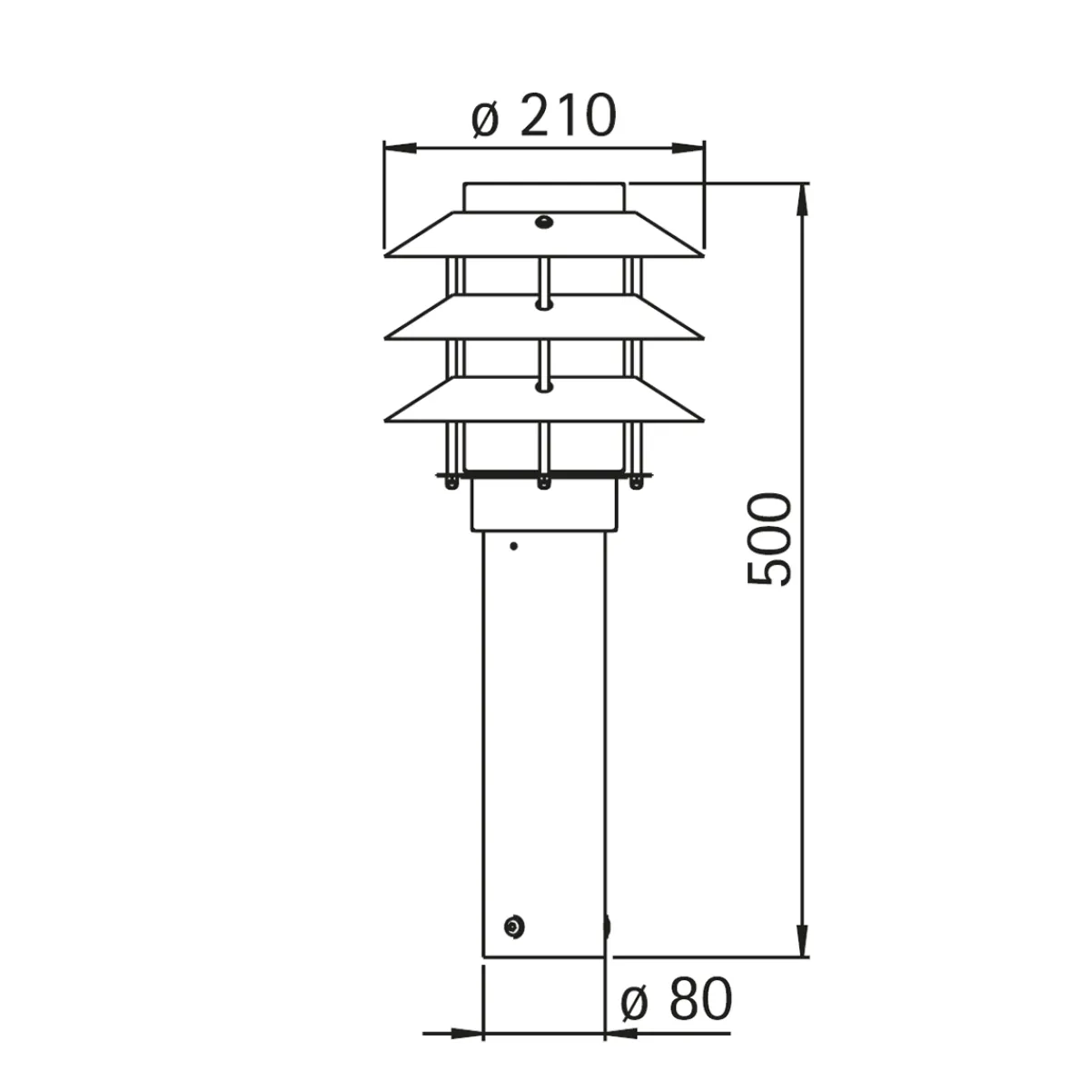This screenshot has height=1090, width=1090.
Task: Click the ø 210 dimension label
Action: tap(544, 115)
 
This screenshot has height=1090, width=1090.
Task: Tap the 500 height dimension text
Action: tap(768, 539)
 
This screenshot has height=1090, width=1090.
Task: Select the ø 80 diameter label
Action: tap(676, 999)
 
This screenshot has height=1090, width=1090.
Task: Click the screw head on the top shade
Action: tap(543, 222)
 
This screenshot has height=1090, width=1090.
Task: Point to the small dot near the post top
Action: tap(513, 546)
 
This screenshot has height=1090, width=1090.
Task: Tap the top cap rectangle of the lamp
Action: tap(544, 197)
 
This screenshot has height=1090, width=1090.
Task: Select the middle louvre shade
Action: tap(544, 317)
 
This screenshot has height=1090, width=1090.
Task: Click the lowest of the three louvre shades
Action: tap(544, 400)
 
